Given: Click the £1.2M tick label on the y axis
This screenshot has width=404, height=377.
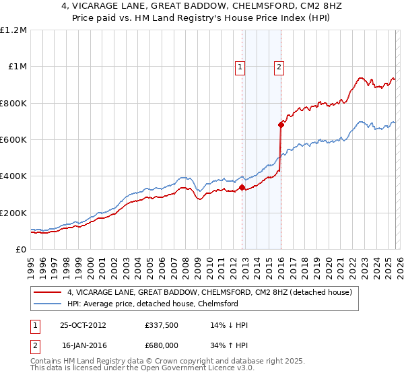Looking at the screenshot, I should point(13,30).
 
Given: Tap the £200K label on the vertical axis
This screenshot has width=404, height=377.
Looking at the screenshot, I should point(13,213).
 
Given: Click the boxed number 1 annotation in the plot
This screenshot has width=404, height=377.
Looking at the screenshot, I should point(240,67).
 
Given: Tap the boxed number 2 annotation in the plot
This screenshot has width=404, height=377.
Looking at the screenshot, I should point(279,67).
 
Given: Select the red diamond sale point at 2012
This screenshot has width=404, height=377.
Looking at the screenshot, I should point(242,187).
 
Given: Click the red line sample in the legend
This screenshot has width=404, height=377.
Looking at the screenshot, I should point(48,292).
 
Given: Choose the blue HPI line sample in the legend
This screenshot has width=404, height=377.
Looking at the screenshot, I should point(48,304).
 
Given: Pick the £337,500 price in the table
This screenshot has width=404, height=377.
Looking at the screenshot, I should point(162,324).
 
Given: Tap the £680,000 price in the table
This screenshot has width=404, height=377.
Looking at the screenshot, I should point(162,345).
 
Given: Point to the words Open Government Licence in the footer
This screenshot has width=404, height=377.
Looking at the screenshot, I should point(219,370).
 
